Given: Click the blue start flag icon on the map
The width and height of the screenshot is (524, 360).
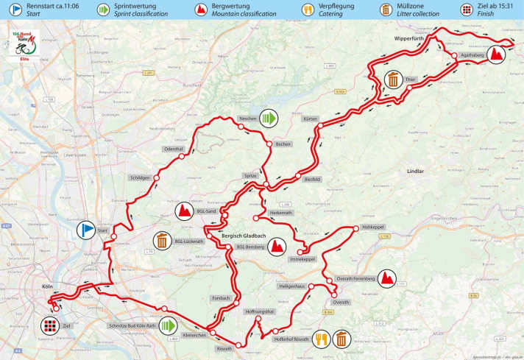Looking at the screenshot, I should [x=87, y=231].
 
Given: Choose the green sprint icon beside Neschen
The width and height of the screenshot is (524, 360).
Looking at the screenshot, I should [x=270, y=117].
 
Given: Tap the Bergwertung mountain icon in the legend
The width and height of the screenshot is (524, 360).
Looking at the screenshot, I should [x=199, y=10].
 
